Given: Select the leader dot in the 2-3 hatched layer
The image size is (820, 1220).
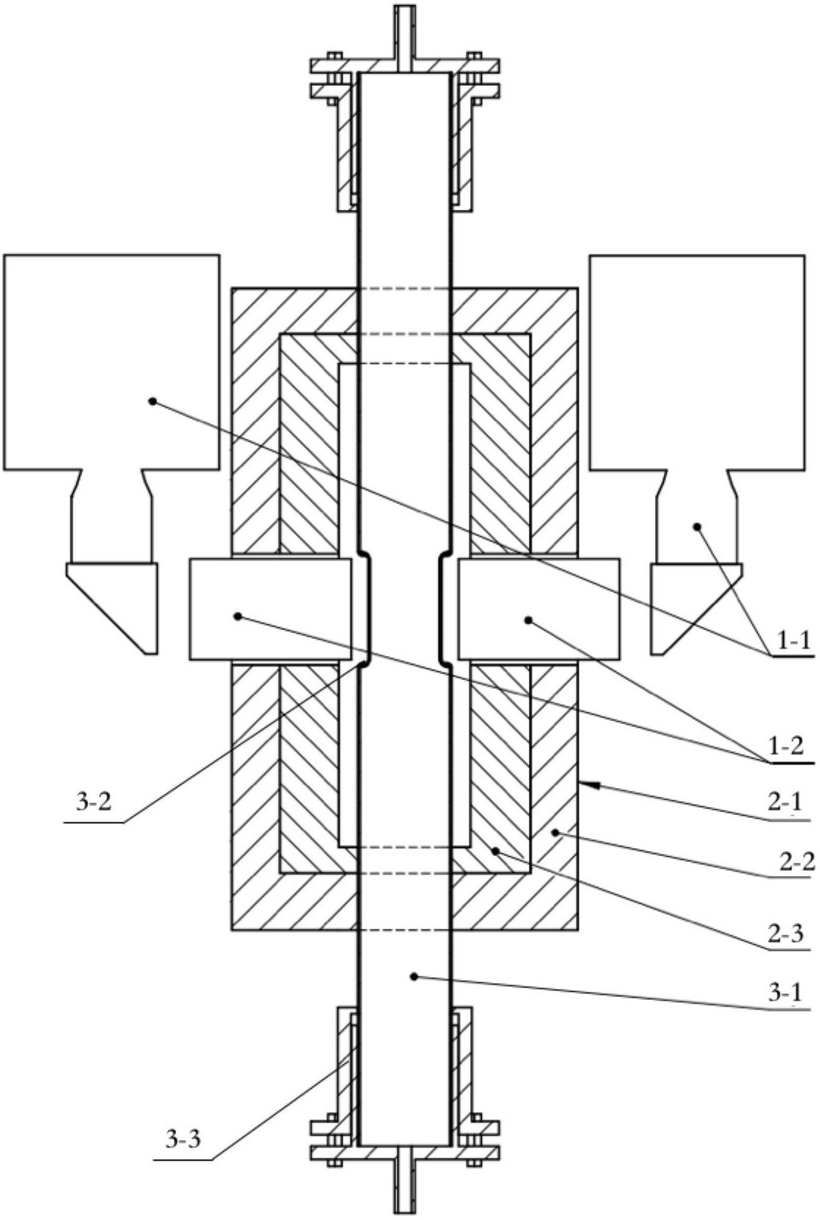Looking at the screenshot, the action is (x=494, y=850).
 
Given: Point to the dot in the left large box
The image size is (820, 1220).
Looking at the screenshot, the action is (x=153, y=401).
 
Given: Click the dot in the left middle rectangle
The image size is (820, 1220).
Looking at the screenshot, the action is (x=237, y=616).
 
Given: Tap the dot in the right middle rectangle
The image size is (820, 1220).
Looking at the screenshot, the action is (x=527, y=620).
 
